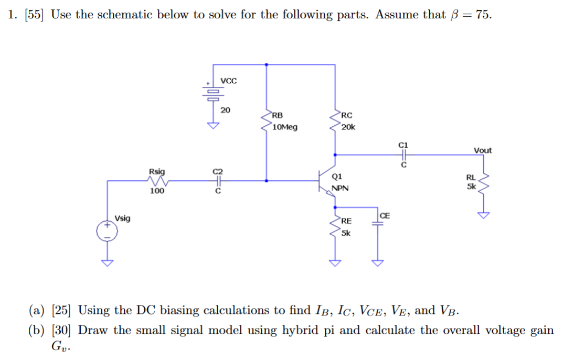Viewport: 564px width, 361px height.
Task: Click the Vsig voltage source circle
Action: coord(107,231)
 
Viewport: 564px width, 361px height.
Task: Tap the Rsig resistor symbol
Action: coord(158,181)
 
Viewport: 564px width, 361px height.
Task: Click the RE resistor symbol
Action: coord(335,226)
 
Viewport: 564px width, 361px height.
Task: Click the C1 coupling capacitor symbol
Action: coord(403,155)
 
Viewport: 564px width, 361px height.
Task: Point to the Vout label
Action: coord(483,150)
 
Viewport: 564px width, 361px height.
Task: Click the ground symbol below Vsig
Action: coord(107,262)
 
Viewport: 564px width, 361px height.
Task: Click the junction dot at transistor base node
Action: coord(267,181)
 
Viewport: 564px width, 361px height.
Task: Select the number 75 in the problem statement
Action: coord(483,15)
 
